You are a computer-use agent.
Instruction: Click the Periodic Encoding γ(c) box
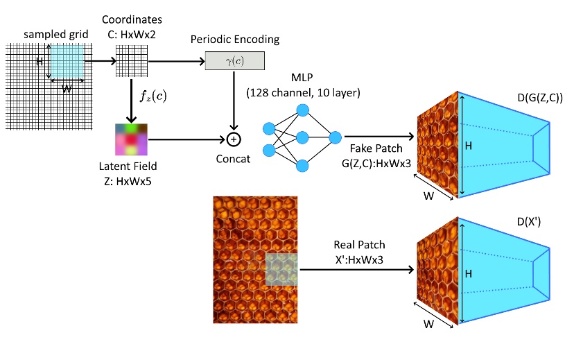coord(234,62)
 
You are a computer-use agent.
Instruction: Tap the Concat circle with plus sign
coord(234,139)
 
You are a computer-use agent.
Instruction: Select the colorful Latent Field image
coord(131,139)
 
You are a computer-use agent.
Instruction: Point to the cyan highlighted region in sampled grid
coord(67,61)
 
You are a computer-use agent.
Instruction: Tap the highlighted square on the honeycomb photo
coord(283,269)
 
